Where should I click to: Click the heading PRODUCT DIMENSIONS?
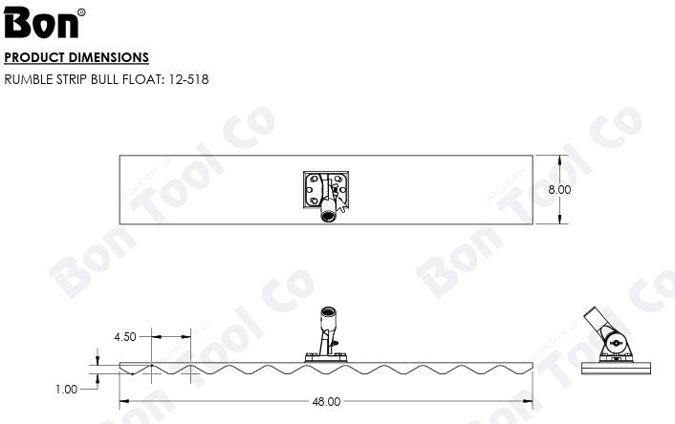click(x=76, y=57)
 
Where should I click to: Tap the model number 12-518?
click(x=186, y=78)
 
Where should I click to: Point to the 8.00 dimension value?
click(x=559, y=190)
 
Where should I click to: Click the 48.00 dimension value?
click(x=326, y=402)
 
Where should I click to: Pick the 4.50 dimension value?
click(x=125, y=337)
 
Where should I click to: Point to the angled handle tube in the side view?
click(x=597, y=321)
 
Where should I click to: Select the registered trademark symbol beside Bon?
click(x=80, y=12)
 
